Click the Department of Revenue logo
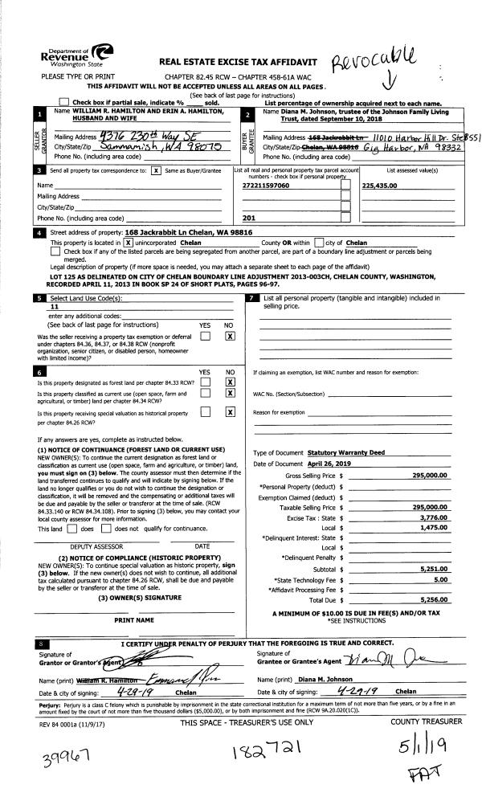71,56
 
